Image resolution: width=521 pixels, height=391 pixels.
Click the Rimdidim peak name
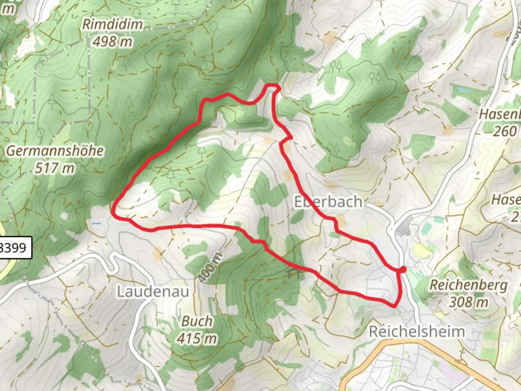point(113,25)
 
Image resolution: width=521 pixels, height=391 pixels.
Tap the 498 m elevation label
point(113,42)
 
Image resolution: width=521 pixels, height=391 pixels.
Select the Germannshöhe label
point(55,151)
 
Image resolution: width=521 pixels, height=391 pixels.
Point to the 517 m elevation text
point(55,168)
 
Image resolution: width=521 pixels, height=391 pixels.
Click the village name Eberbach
point(328,202)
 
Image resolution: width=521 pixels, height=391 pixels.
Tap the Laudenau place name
point(153,291)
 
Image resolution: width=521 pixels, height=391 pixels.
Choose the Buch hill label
point(197,321)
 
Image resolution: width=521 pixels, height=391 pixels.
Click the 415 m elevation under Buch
point(197,338)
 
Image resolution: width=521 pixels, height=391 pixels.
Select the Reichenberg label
point(469,285)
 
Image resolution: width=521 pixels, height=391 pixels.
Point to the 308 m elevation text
point(469,302)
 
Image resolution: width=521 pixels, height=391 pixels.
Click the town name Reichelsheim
point(416,331)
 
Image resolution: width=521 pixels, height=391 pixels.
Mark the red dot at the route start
point(403,269)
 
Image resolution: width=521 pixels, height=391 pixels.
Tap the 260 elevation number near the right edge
point(505,131)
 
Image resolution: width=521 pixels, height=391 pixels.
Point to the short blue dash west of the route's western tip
point(96,224)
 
